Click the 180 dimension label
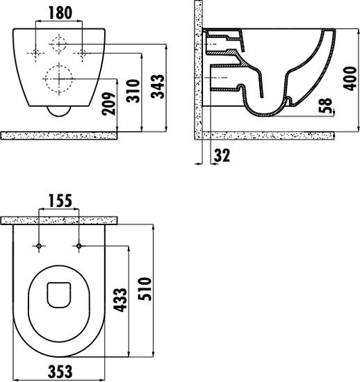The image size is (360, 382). point(60,13)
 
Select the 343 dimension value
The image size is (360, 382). point(158,87)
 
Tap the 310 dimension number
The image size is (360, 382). point(133,90)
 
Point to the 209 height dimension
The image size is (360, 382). point(108,103)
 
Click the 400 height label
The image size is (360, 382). point(350,78)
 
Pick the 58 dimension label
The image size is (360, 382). point(325,106)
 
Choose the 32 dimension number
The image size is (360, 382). point(222,156)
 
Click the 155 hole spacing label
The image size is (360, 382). point(60,201)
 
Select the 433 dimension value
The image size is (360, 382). point(120,300)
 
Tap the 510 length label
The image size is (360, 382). point(145,289)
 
